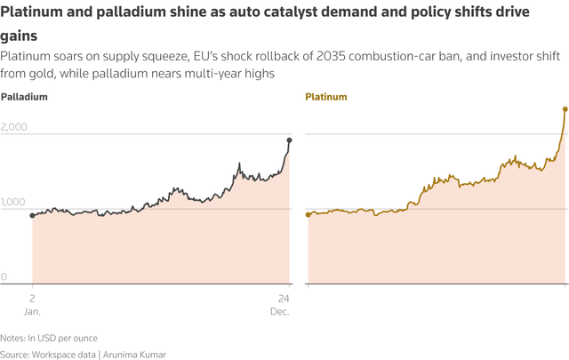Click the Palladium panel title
[x=24, y=96]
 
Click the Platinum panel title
[x=326, y=96]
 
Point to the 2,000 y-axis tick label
[x=14, y=127]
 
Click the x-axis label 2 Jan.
[x=32, y=304]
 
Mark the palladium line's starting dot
[x=32, y=215]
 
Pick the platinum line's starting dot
[x=308, y=214]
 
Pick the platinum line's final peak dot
[x=565, y=109]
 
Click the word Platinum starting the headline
[x=32, y=13]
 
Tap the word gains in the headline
[x=19, y=36]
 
